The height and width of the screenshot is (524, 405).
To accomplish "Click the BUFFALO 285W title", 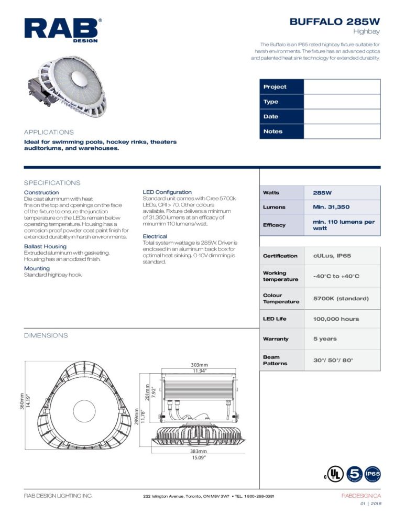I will (x=335, y=22).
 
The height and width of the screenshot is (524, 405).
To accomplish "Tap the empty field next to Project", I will (x=342, y=86).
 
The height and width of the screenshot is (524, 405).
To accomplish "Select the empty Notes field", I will (x=342, y=132).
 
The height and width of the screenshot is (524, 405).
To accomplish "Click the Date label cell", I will (x=281, y=116).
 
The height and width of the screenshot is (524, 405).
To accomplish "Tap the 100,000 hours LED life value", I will (x=336, y=319).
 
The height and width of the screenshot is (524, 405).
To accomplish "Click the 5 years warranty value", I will (x=325, y=339).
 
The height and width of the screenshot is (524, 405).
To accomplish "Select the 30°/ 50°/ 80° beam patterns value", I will (x=333, y=360).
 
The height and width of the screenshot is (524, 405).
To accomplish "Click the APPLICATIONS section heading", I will (x=49, y=132).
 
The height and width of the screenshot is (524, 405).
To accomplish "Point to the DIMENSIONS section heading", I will (x=46, y=335).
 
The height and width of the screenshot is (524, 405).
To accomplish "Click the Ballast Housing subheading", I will (x=45, y=246).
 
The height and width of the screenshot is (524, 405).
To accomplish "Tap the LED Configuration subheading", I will (x=167, y=192).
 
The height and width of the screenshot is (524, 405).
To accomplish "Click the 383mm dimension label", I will (x=198, y=451).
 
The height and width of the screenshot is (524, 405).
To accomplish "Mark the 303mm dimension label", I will (x=199, y=365).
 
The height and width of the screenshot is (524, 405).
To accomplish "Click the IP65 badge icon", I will (x=373, y=473).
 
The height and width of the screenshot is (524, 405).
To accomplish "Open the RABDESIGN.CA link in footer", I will (x=361, y=495).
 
